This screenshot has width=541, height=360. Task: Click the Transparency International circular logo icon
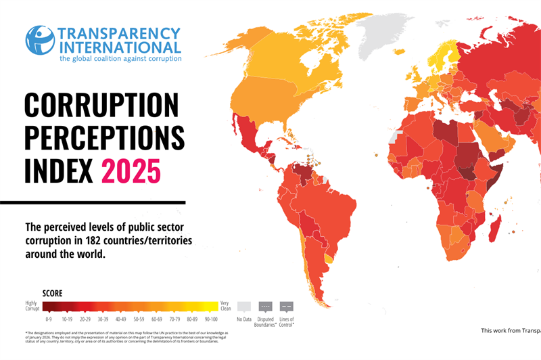[40, 40]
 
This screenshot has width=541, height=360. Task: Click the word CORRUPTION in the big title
[101, 106]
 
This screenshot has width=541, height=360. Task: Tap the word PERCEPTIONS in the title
[104, 138]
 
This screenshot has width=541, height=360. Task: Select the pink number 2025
[131, 170]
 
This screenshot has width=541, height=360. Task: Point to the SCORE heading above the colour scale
[53, 294]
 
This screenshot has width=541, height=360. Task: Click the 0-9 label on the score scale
[49, 319]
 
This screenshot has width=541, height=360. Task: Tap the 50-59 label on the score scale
[139, 319]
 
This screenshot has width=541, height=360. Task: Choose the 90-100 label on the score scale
[211, 319]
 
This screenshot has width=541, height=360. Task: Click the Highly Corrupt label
[32, 306]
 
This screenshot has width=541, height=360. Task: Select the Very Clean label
[225, 306]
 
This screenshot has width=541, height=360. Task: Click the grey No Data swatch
[244, 306]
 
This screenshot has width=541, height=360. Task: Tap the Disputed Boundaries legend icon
[265, 306]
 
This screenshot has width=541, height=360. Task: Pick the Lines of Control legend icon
[286, 306]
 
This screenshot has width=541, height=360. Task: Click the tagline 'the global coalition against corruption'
[120, 59]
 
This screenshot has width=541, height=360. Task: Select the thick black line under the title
[93, 202]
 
